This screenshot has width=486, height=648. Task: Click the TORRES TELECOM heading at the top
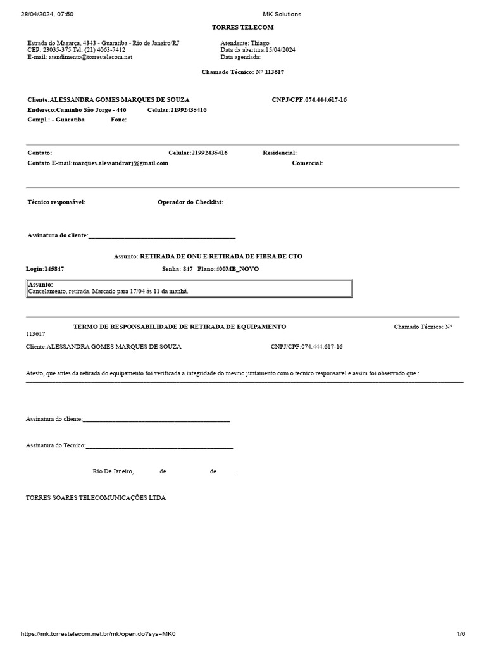point(243,28)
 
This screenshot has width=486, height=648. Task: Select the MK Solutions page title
point(282,14)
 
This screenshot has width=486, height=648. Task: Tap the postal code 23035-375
point(56,50)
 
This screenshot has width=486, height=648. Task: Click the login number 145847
point(54,269)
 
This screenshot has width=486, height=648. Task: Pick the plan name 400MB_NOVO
point(237,269)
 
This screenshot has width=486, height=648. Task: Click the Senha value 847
point(187,269)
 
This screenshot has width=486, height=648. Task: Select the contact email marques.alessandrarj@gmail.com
point(120,163)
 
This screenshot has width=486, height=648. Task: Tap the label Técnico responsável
point(56,202)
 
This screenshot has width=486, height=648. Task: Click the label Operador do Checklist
point(190,202)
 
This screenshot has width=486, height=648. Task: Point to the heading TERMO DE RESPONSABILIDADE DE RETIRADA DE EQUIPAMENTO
point(180,327)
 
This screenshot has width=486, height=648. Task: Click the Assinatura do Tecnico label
point(55,445)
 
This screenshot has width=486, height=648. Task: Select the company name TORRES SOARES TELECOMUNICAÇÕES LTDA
point(96,498)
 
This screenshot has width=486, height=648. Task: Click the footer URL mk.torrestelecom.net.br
point(97,634)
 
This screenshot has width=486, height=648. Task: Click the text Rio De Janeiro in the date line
point(113,471)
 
